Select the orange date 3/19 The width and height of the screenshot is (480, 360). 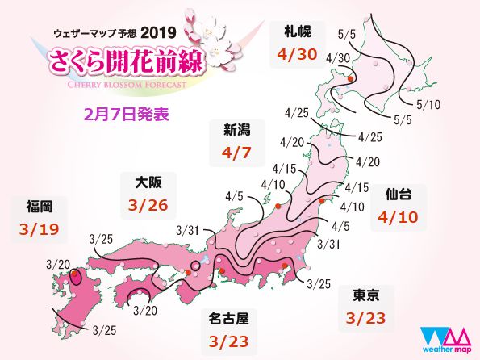[37, 230]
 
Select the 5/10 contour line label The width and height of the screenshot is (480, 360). [430, 103]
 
